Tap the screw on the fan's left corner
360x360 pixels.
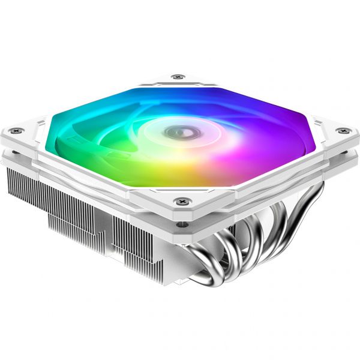[x=18, y=129]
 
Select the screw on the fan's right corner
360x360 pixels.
[x=342, y=131]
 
